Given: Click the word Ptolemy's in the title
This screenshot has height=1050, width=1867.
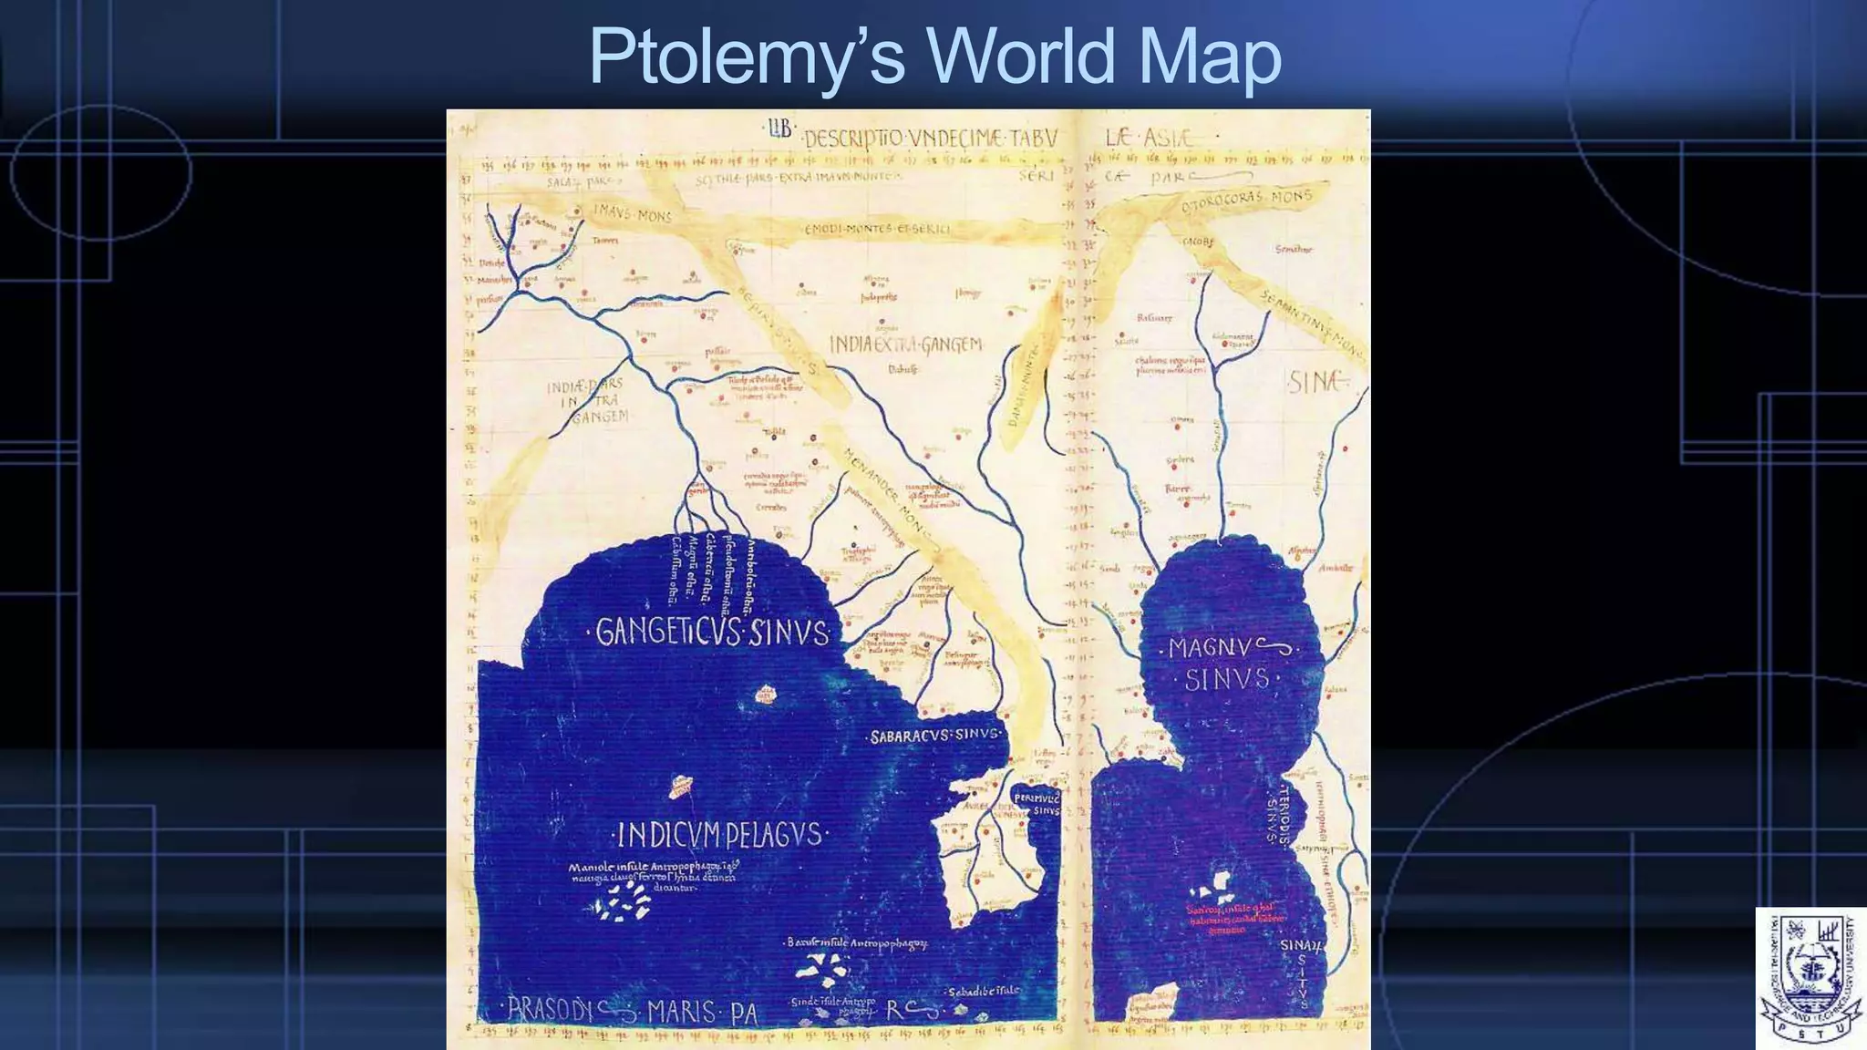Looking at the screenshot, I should [x=747, y=57].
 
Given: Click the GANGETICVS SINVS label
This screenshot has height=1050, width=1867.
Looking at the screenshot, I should [x=712, y=632].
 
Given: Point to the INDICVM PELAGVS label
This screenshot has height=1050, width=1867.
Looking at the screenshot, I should [x=719, y=834].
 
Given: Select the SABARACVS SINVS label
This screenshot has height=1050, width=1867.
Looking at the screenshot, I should [x=935, y=735].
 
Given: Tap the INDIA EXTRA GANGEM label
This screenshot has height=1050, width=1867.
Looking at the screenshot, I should [x=905, y=345].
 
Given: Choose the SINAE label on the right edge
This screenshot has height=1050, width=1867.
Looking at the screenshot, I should [x=1316, y=382].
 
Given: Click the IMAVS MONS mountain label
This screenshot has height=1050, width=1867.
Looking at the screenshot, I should [x=633, y=213].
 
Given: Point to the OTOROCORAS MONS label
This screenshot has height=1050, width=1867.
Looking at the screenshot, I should [x=1246, y=201].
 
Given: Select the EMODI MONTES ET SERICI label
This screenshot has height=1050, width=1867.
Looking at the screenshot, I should [x=877, y=229].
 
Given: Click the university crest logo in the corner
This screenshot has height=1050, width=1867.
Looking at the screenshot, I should [x=1810, y=978].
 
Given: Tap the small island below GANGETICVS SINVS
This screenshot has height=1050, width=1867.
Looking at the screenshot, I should [x=766, y=695].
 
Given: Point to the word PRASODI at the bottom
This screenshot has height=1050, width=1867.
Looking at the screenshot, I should [x=551, y=1009].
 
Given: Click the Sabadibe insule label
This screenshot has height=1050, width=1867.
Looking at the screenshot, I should [x=983, y=992].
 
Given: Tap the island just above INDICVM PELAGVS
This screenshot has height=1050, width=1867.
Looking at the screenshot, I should [x=680, y=786].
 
